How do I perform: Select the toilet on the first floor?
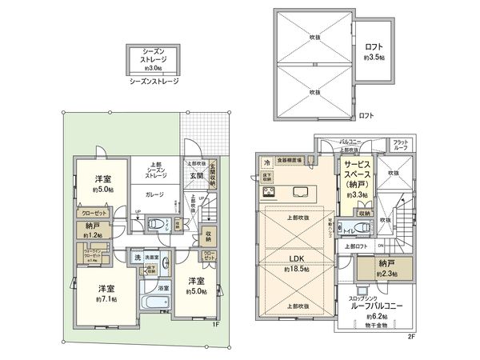(158, 224)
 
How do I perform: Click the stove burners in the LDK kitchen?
(267, 192)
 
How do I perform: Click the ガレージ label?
(154, 194)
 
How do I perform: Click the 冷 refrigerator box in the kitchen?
(266, 162)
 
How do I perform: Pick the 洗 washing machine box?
(138, 257)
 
